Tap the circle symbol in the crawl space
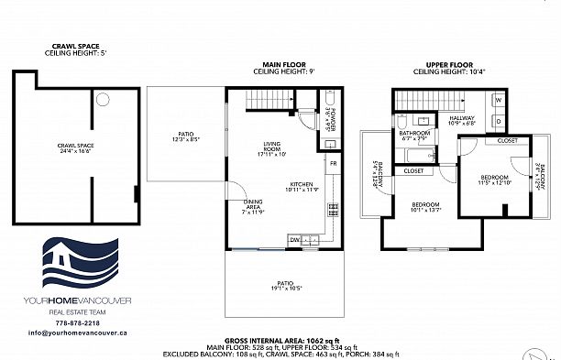[x=103, y=98]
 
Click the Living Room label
[x=270, y=149]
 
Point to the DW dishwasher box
[x=295, y=240]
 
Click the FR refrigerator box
[x=334, y=163]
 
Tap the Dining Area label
[x=254, y=206]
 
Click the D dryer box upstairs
[x=499, y=119]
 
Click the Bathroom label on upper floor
[x=414, y=135]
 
